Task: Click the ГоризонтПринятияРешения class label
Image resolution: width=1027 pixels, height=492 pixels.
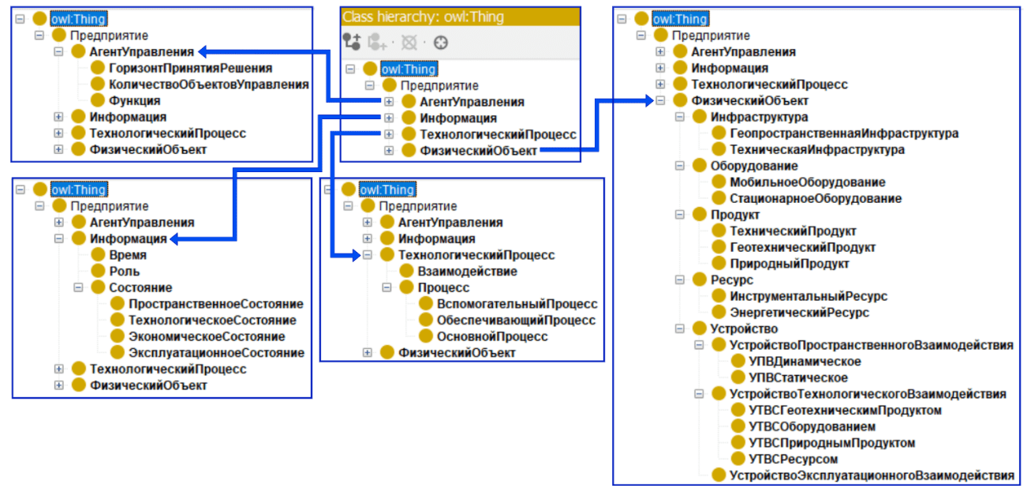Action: [191, 68]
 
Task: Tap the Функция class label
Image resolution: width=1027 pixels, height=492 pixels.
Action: [135, 100]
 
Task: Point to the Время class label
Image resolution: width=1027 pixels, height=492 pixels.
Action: [128, 255]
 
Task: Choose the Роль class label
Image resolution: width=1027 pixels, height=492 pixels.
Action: [125, 271]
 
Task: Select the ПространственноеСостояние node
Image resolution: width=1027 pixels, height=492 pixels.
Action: [216, 304]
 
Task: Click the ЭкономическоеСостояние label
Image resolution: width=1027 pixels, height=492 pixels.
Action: [207, 336]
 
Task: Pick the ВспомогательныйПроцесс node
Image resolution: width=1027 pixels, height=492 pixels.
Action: [517, 304]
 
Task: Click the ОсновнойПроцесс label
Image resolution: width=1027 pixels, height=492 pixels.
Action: [492, 336]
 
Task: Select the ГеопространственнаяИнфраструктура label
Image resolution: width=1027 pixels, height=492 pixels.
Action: [844, 133]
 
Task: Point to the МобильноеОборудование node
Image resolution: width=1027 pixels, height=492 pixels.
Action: [807, 182]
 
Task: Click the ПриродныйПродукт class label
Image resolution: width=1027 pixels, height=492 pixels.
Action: [790, 264]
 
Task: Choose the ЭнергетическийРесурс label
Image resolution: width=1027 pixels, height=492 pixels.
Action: [799, 313]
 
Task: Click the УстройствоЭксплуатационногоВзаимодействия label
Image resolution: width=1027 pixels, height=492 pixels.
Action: [872, 475]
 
